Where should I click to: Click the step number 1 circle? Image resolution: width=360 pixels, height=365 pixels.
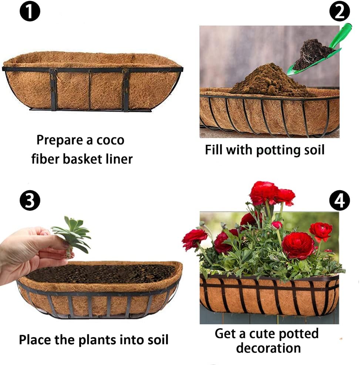tap(29, 11)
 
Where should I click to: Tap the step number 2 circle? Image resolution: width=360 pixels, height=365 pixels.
tap(339, 11)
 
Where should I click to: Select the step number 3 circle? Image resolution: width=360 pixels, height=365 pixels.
tap(29, 201)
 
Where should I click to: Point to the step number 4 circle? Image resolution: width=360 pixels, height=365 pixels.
tap(339, 201)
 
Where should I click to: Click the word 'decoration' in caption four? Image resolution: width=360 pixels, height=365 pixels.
tap(268, 348)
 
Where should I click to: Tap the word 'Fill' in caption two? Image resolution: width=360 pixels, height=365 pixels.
tap(214, 150)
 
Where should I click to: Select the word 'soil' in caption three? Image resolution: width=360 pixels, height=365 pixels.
tap(155, 339)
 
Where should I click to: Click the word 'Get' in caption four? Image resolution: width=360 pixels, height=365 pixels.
tap(226, 334)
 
